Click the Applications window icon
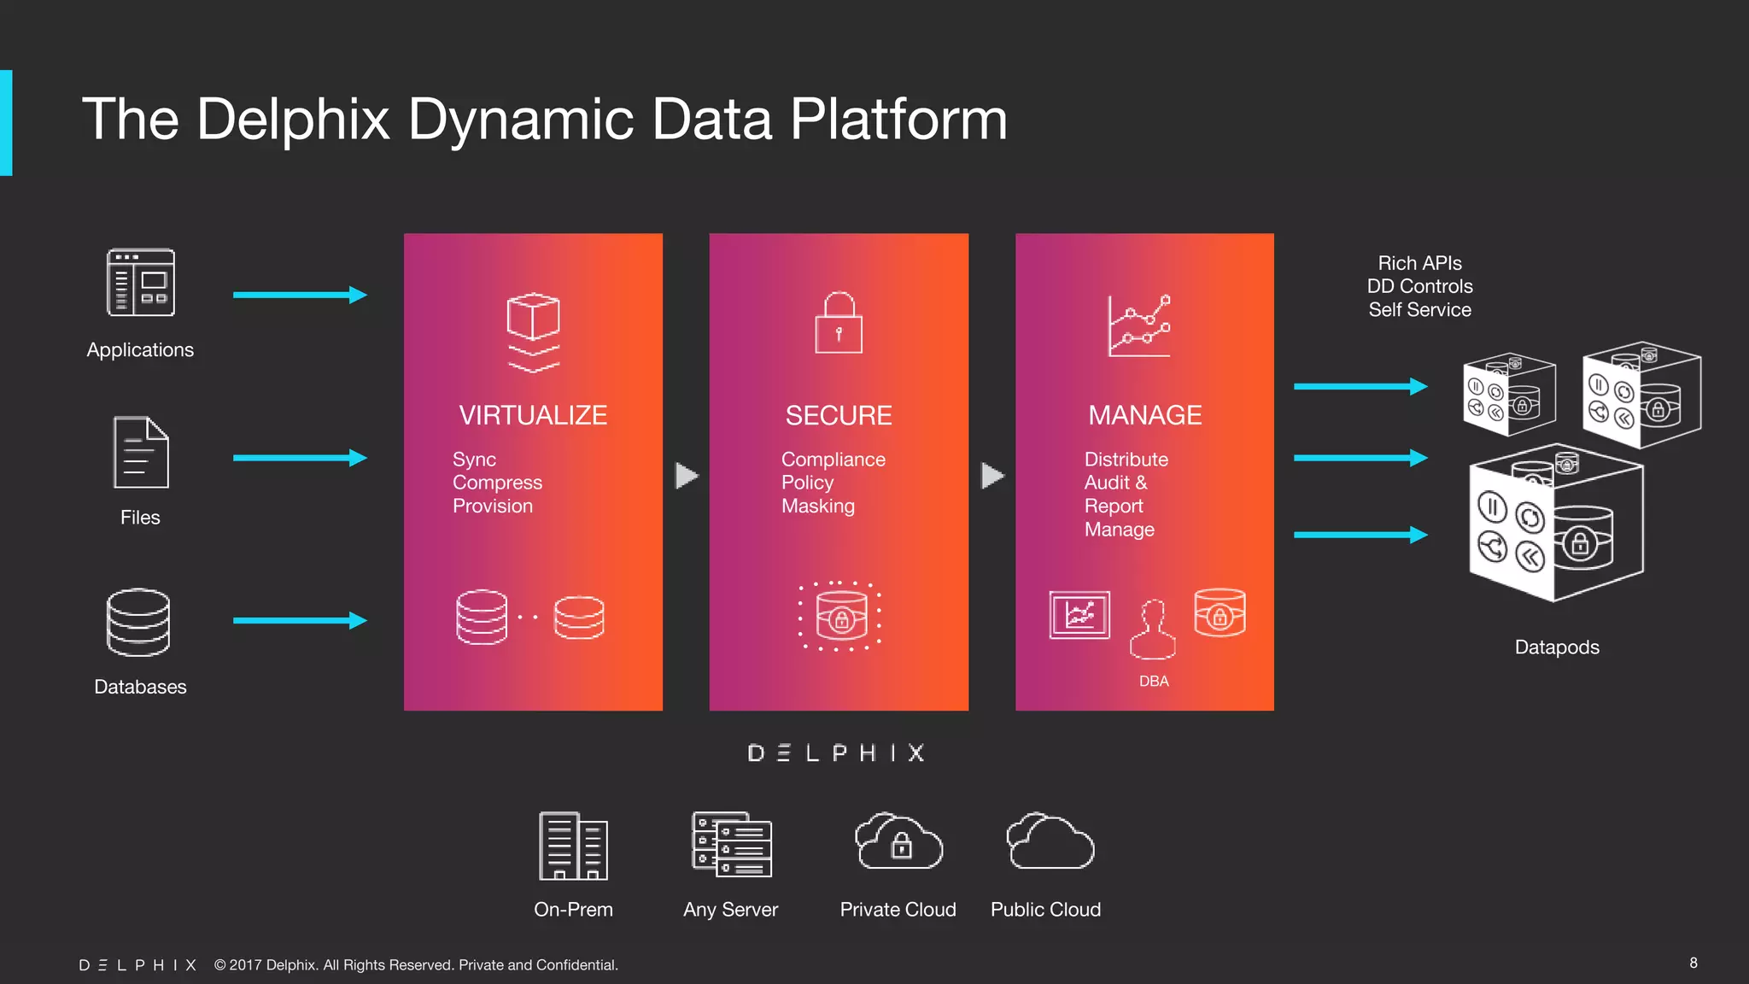pos(141,283)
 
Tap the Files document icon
pos(141,453)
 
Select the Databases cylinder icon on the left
pos(138,623)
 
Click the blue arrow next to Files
pos(300,458)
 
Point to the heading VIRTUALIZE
pos(533,415)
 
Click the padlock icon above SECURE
pos(839,324)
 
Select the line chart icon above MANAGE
pos(1139,326)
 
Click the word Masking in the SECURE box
pos(817,506)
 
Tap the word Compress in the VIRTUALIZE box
pos(497,483)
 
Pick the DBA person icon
pos(1153,630)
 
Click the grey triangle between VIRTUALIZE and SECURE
pos(686,476)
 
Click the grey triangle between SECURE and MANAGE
pos(991,476)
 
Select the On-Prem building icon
pos(573,846)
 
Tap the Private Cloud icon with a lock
pos(898,842)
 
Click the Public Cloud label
pos(1045,910)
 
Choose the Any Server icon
pos(731,844)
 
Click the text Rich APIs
pos(1419,263)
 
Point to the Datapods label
pos(1556,647)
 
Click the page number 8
pos(1693,963)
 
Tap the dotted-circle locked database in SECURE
pos(840,617)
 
